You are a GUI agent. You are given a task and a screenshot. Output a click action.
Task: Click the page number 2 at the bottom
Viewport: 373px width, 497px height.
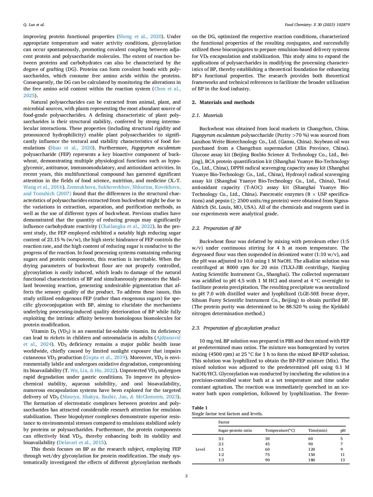coord(186,475)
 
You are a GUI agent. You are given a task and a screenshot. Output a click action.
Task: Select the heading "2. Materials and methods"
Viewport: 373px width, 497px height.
coord(223,102)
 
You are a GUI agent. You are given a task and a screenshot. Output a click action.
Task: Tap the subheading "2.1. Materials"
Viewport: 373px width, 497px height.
coord(207,115)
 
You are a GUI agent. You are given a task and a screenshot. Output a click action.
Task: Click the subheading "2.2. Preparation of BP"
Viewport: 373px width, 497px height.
coord(216,228)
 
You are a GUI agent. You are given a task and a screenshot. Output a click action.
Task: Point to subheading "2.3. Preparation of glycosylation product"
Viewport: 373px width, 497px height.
coord(236,328)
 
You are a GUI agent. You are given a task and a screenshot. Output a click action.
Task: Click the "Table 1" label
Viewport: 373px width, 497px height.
coord(200,408)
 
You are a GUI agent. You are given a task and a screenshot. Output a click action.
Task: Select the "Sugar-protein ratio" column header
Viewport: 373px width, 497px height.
coord(235,430)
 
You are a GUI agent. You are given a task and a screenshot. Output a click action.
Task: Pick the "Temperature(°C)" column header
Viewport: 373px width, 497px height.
coord(280,430)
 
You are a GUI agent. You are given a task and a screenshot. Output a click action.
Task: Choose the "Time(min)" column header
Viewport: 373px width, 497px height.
coord(317,430)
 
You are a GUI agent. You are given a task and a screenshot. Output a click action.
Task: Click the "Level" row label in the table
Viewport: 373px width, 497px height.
coord(200,449)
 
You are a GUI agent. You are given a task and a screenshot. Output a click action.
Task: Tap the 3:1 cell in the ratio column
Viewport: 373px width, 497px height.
coord(221,439)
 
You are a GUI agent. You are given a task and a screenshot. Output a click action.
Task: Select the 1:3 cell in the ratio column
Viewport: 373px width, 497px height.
coord(221,460)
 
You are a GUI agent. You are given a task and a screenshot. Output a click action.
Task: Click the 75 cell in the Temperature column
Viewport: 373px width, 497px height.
coord(267,454)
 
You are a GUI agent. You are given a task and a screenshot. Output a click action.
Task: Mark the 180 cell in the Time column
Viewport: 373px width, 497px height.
coord(311,460)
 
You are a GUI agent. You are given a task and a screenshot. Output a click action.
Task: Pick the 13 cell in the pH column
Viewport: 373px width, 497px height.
coord(343,460)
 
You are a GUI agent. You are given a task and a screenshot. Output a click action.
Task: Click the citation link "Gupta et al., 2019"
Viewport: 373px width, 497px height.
coord(104,357)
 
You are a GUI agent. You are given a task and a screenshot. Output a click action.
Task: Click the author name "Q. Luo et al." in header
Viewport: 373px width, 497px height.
coord(34,25)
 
